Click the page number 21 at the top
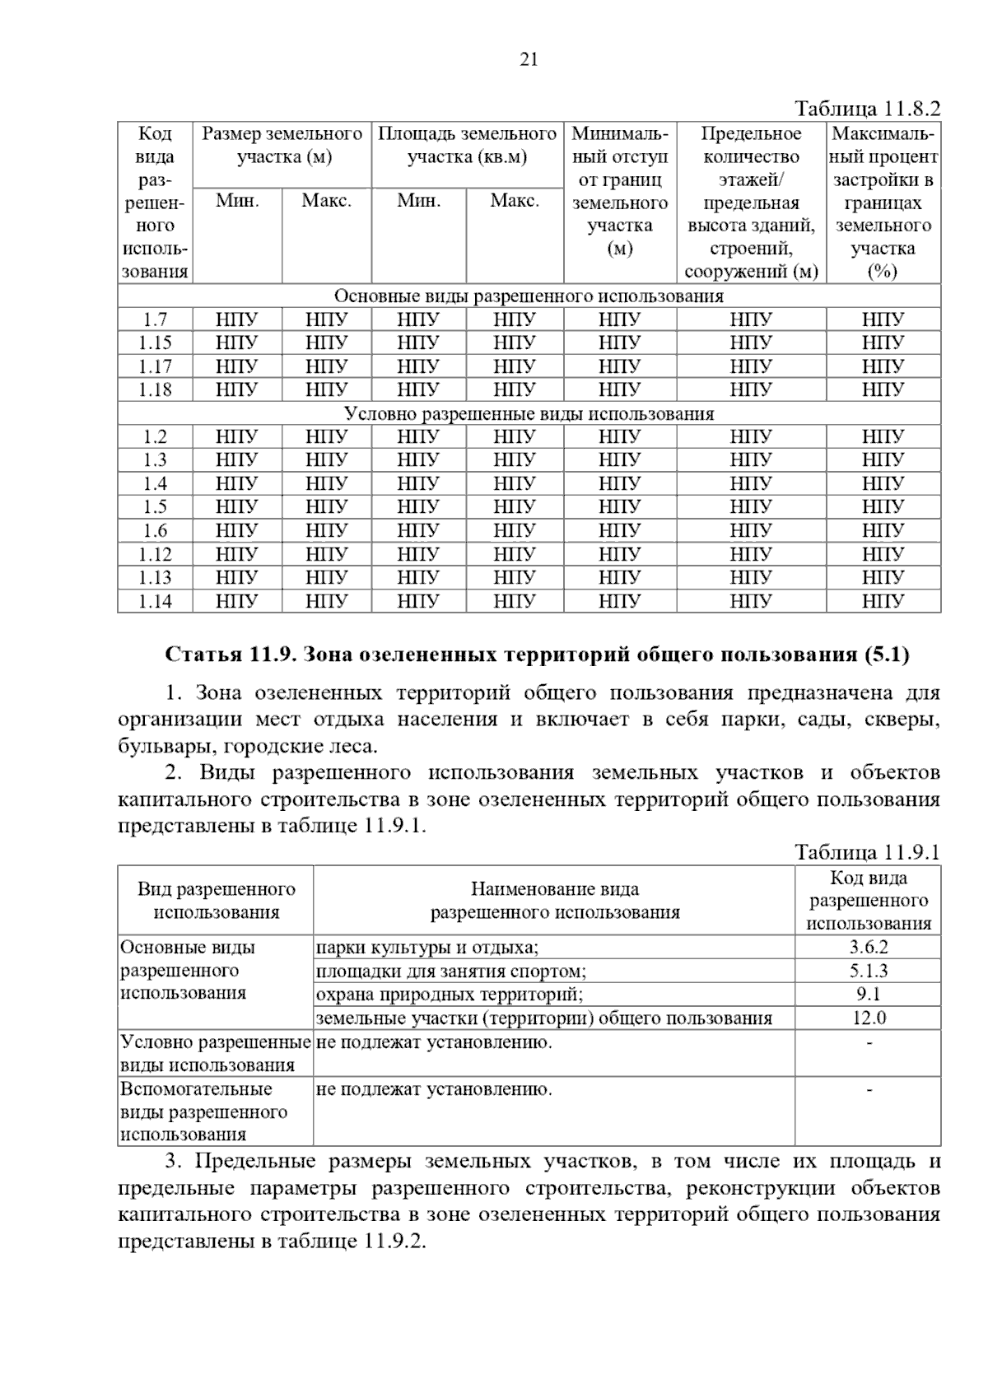[x=529, y=59]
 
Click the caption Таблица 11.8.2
[x=867, y=109]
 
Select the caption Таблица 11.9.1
[x=867, y=852]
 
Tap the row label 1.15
[x=155, y=343]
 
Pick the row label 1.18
[x=155, y=389]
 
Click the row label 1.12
[x=155, y=554]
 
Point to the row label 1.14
[x=155, y=601]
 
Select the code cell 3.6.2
[x=869, y=948]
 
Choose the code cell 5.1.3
[x=869, y=971]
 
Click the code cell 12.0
[x=869, y=1018]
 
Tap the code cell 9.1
[x=869, y=995]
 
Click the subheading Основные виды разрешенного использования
[x=529, y=296]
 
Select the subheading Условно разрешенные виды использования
[x=529, y=413]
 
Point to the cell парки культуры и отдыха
[x=427, y=948]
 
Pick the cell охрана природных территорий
[x=450, y=995]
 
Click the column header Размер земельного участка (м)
[x=282, y=145]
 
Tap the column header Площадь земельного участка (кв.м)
[x=467, y=145]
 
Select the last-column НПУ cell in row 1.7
[x=883, y=319]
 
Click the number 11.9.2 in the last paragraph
[x=392, y=1242]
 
